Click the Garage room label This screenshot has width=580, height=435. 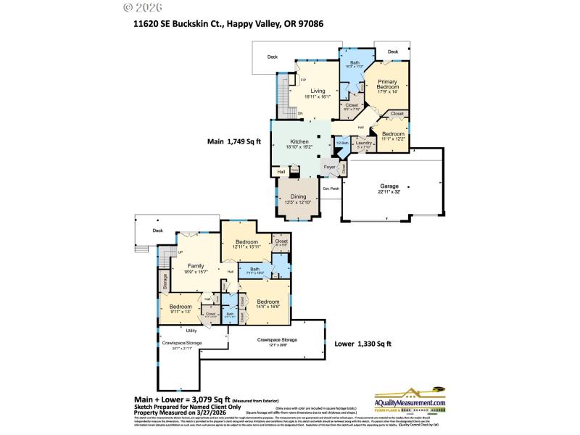[389, 186]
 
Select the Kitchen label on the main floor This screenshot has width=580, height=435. [299, 141]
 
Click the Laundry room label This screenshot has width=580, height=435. [363, 143]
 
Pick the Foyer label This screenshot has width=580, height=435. [329, 167]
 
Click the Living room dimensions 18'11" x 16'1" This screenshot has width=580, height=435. [318, 96]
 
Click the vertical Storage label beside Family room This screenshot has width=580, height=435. [165, 281]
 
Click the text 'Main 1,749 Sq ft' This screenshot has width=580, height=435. [234, 141]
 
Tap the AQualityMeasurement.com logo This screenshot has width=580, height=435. [410, 400]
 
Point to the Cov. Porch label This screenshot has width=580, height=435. [331, 188]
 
